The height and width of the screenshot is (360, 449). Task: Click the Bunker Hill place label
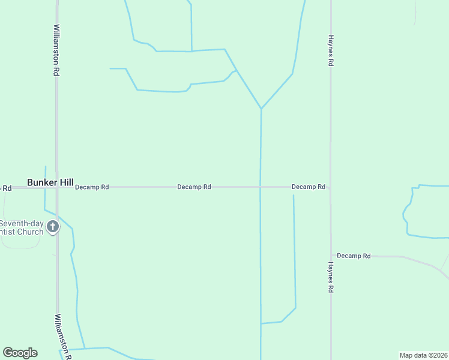point(50,182)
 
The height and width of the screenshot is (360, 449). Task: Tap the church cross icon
point(53,227)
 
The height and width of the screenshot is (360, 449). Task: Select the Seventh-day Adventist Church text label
point(22,228)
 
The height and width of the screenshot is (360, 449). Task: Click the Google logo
point(20,353)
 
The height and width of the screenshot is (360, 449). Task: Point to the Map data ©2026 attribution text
point(423,355)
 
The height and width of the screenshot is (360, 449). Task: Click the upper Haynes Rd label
point(330,50)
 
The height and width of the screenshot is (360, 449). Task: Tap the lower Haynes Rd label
point(330,277)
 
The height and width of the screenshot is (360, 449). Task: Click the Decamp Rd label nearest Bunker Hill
point(92,187)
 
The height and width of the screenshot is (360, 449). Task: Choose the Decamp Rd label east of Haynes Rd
point(354,256)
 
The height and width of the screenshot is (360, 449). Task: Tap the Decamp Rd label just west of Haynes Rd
point(308,187)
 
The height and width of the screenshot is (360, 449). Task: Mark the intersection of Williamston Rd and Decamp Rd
point(57,187)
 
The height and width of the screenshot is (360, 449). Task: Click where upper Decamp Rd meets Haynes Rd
point(330,187)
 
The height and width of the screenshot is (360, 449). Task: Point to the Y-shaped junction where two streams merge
point(261,109)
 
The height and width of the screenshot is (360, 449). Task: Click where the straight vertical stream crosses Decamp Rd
point(261,187)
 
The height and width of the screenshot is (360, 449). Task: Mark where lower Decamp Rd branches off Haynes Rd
point(331,256)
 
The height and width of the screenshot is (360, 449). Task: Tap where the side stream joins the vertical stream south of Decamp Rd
point(261,323)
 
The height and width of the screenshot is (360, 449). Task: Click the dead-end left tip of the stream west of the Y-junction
point(110,68)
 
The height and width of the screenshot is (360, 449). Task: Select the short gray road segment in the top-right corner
point(415,12)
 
